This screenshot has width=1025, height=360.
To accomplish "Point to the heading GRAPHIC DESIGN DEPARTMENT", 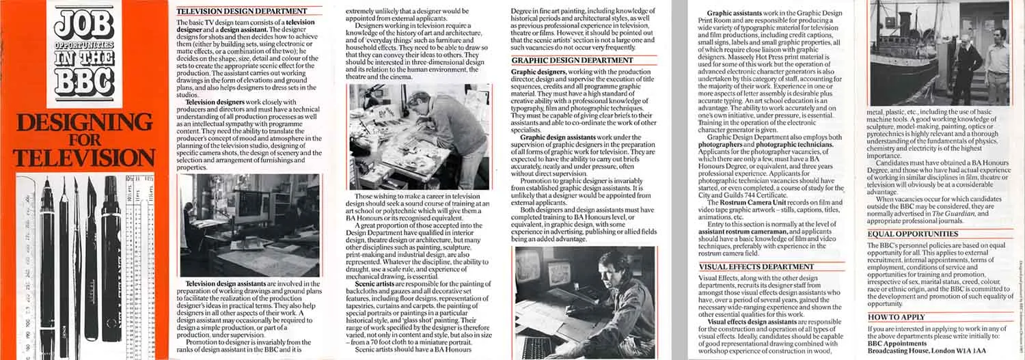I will (562, 60).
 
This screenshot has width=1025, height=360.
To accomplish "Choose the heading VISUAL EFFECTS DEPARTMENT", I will (747, 266).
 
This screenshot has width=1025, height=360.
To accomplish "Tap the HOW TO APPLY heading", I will (896, 317).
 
